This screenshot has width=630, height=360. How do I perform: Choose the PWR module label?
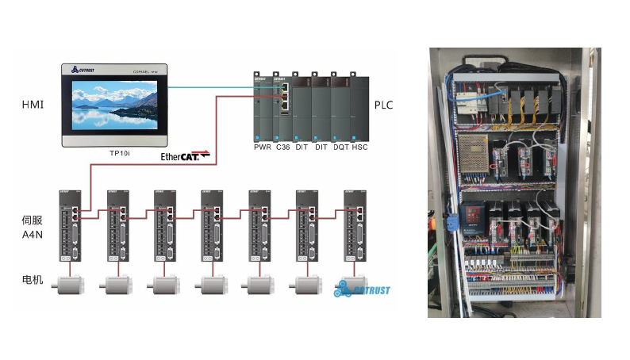click(263, 147)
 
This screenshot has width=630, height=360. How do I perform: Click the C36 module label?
click(282, 147)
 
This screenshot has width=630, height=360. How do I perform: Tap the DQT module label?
click(340, 147)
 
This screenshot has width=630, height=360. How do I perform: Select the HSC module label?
click(359, 147)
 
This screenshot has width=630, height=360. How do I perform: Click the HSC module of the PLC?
click(359, 107)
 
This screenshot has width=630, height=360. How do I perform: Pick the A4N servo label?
click(33, 234)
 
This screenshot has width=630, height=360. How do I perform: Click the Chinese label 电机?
click(33, 280)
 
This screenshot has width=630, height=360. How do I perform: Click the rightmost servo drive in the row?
click(355, 225)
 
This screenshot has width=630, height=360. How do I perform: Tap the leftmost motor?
click(69, 285)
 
